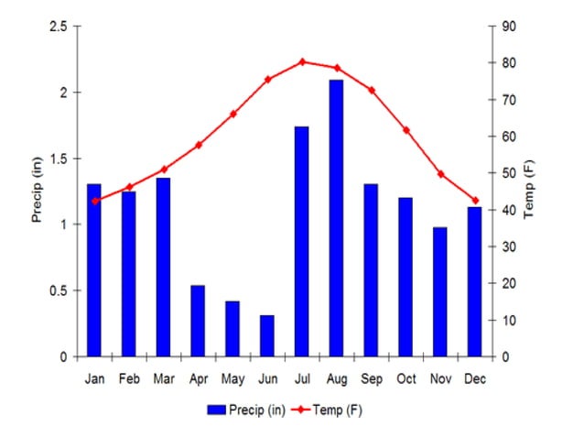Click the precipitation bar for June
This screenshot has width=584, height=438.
[266, 335]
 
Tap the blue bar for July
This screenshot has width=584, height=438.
[301, 241]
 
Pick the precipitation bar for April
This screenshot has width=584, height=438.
[198, 321]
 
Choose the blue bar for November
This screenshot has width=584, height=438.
[439, 291]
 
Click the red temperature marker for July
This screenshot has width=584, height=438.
[301, 61]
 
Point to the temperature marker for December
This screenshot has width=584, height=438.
[474, 200]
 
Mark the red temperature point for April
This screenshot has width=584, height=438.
[198, 145]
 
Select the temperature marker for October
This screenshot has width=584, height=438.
[406, 130]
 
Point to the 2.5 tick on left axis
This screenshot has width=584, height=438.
[58, 27]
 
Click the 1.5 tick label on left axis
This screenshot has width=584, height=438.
[58, 159]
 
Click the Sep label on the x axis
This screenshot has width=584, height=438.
[371, 378]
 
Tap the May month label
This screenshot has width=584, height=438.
[232, 378]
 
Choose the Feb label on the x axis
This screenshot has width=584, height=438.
[128, 378]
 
